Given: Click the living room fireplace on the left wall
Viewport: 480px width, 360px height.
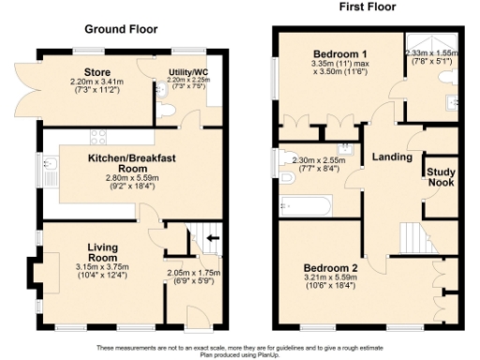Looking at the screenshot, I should (x=35, y=273).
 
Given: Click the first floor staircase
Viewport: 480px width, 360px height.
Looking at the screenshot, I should (x=412, y=235).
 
